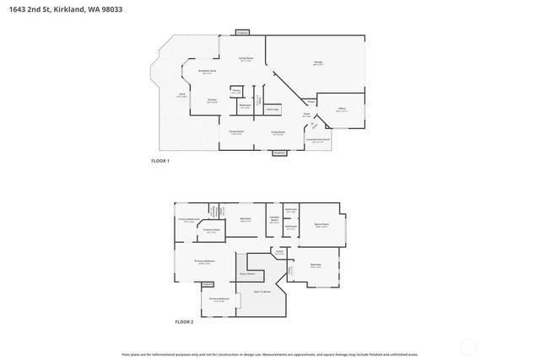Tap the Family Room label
click(x=246, y=58)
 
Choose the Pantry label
click(x=237, y=90)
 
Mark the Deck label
click(x=182, y=95)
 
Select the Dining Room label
click(x=237, y=132)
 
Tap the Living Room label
click(x=278, y=132)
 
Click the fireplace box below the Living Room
click(x=279, y=153)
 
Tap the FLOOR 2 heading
click(x=184, y=322)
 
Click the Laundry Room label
click(x=273, y=220)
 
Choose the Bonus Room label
click(x=321, y=224)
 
